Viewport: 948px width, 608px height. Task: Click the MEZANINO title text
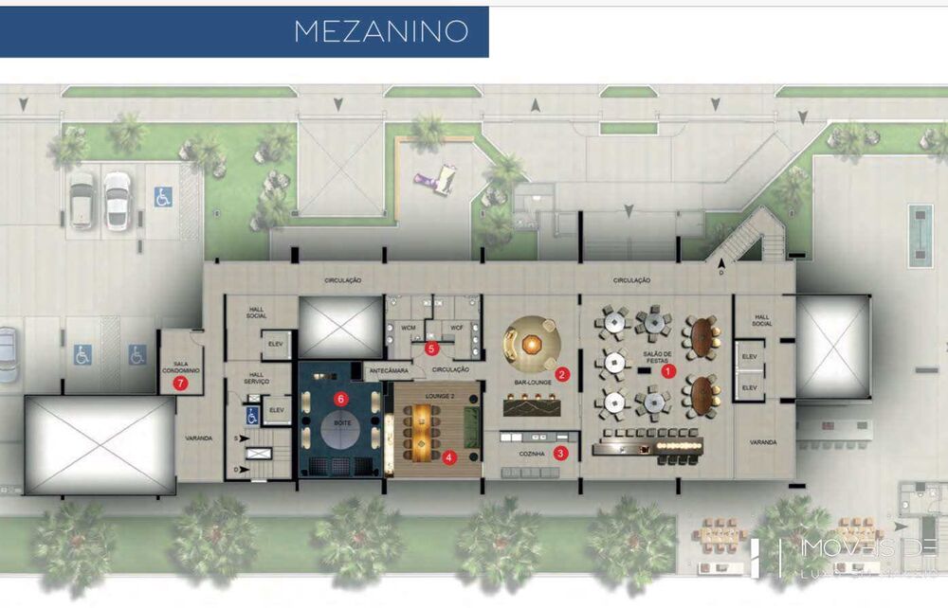(x=381, y=31)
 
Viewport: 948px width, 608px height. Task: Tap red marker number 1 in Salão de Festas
(x=668, y=372)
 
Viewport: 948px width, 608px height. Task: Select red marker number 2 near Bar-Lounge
(x=562, y=374)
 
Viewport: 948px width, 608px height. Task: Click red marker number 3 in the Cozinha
(x=561, y=453)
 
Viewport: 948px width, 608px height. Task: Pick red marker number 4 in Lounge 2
(x=432, y=349)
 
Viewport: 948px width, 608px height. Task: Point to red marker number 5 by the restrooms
(x=339, y=399)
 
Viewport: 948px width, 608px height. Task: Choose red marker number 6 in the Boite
(x=180, y=384)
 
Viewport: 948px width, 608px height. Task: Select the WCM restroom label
(x=409, y=328)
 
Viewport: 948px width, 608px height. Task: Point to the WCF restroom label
(x=456, y=328)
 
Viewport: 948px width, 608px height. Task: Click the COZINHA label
(x=531, y=455)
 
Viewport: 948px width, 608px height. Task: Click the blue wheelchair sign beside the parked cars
(x=163, y=197)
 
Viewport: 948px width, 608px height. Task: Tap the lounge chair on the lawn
(x=435, y=178)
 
